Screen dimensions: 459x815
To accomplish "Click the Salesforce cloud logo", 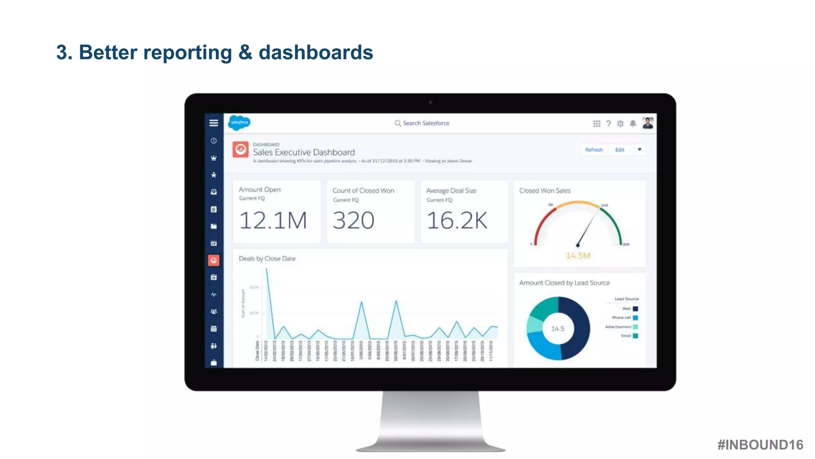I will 239,122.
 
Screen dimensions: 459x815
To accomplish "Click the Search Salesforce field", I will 425,123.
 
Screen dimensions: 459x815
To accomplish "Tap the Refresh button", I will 594,150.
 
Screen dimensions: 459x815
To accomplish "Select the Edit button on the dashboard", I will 620,150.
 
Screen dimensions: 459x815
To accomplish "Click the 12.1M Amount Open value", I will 273,220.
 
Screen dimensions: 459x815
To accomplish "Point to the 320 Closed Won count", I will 353,220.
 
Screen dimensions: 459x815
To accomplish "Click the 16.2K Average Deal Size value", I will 457,220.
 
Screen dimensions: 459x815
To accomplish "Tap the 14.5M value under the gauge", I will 578,255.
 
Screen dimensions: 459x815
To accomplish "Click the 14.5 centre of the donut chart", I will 558,328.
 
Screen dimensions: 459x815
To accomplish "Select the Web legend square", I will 636,308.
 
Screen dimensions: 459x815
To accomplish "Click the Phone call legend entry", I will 622,318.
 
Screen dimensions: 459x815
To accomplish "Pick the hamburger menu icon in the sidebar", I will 214,123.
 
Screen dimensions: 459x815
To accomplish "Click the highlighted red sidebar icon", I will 214,260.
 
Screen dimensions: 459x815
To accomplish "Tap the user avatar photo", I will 647,123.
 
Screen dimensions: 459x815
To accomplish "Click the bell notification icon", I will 633,124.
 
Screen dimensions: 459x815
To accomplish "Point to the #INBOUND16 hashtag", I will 760,445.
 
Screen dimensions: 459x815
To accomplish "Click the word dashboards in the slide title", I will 316,53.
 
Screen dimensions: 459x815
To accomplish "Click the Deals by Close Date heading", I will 267,259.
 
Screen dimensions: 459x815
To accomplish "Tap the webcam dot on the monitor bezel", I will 430,102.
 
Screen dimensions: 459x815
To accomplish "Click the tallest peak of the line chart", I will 267,269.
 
